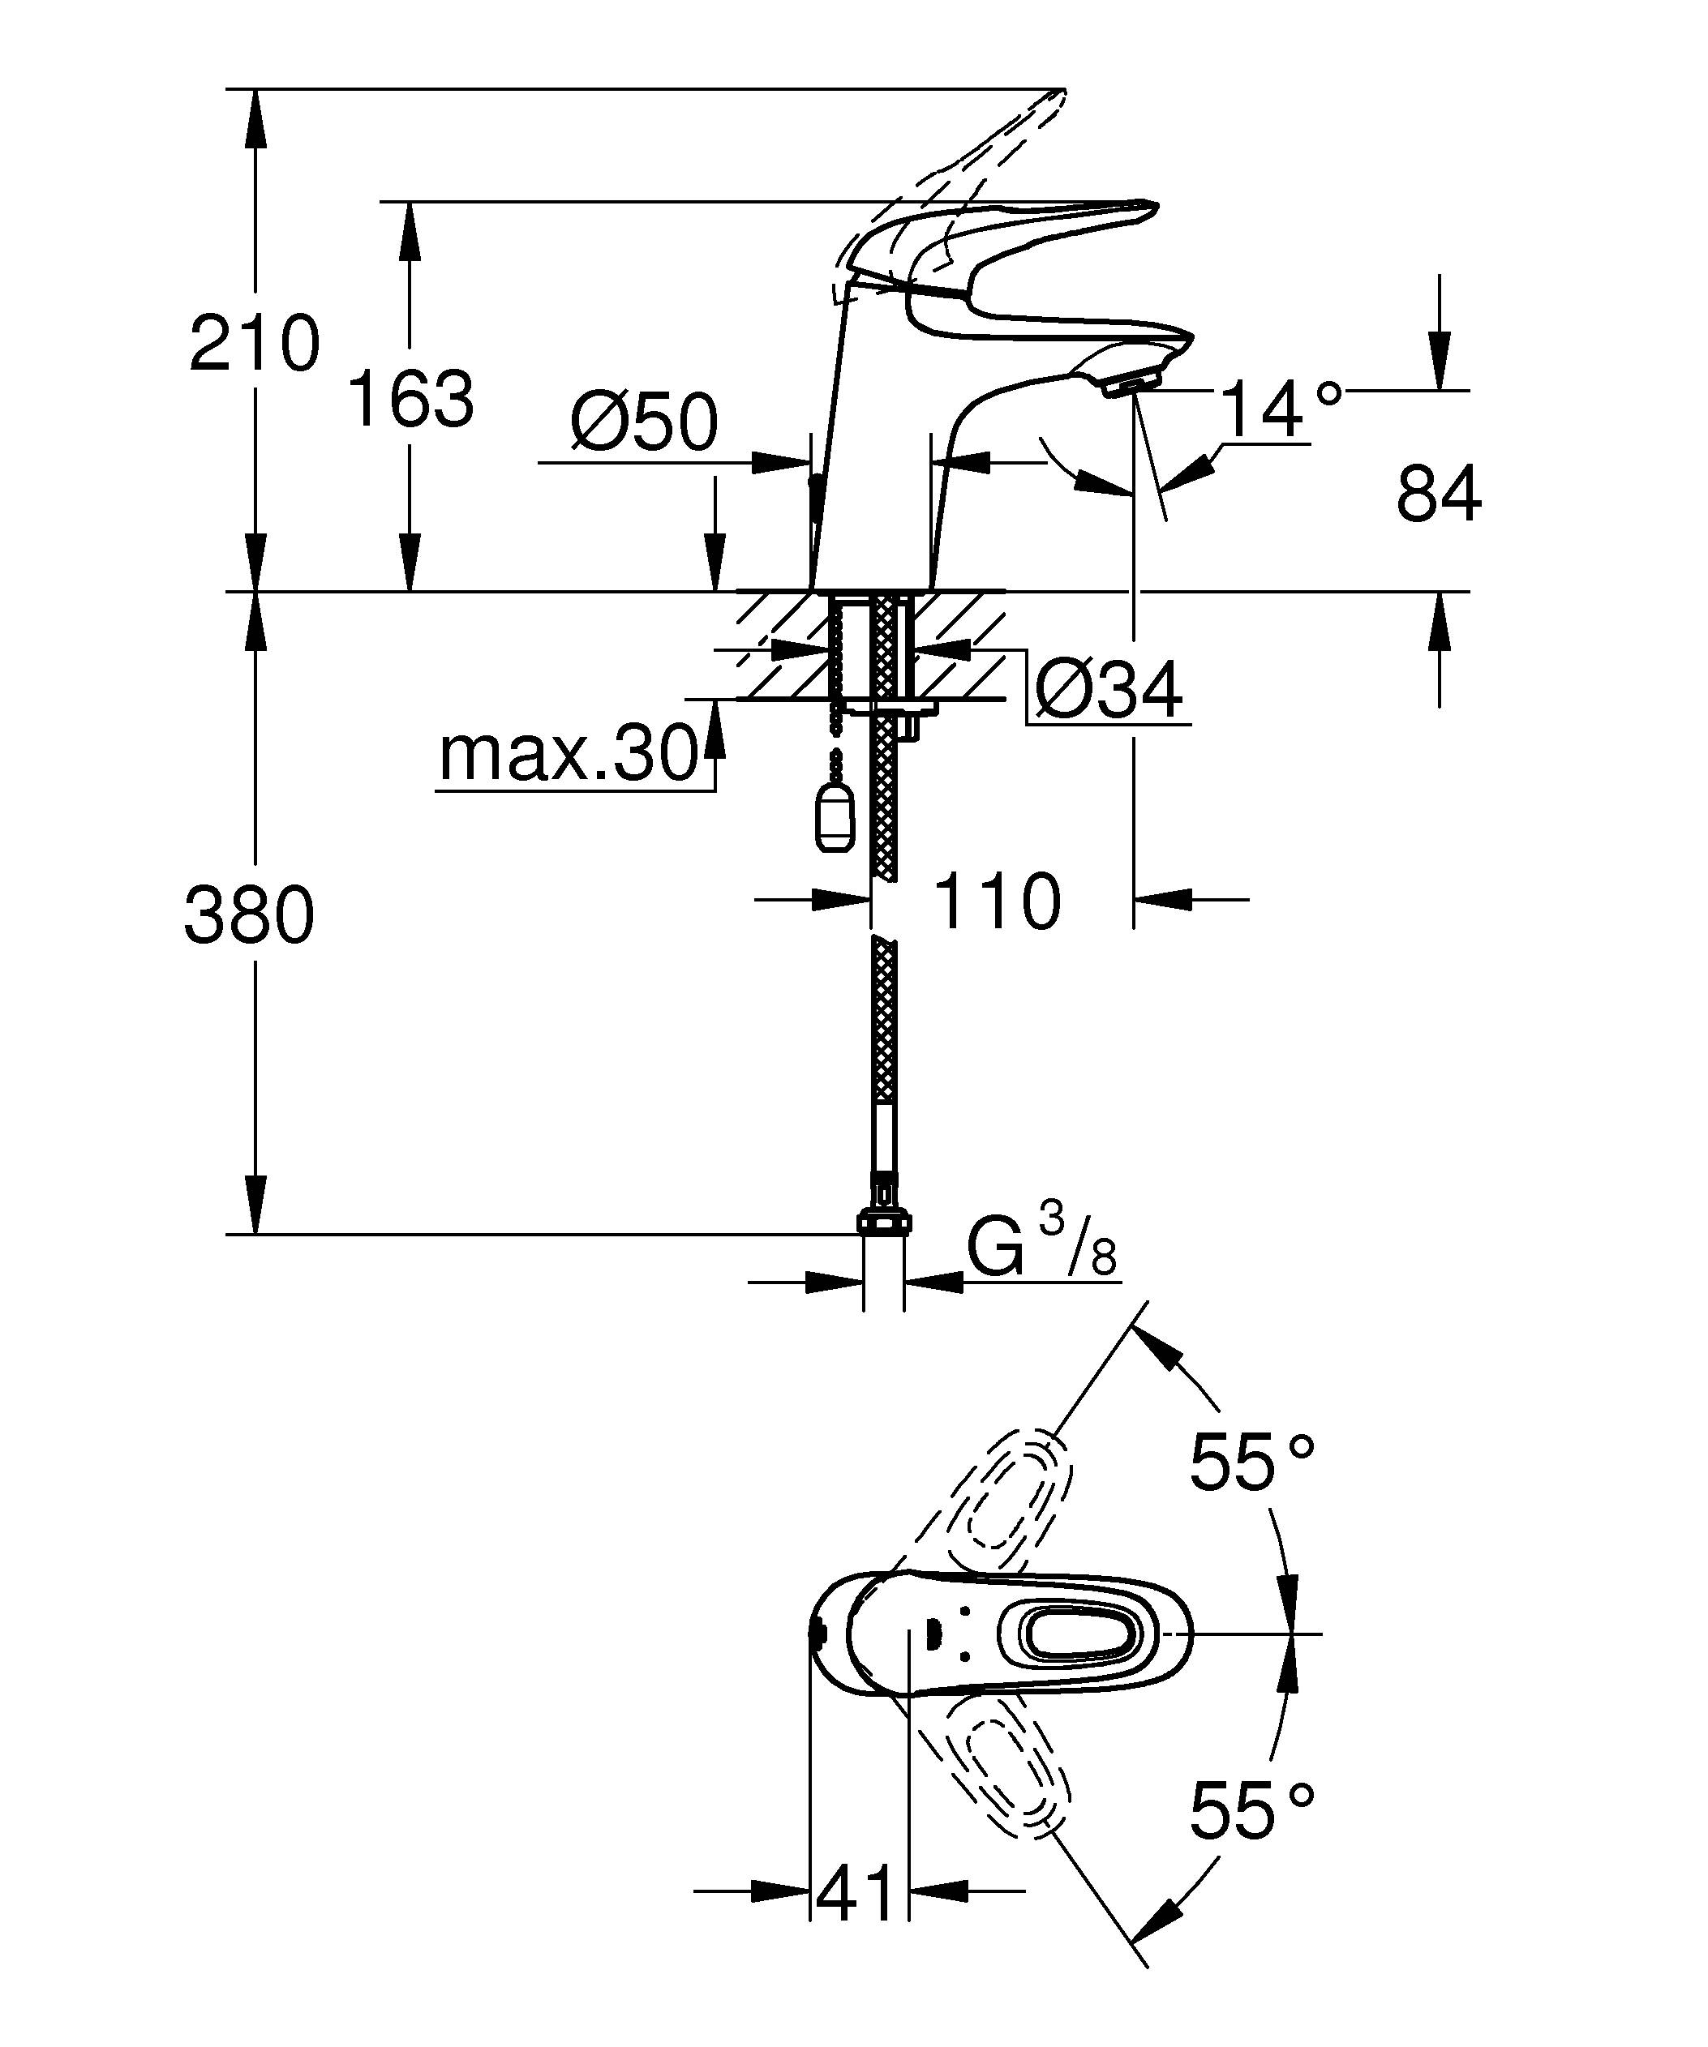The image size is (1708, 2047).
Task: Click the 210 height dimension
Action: (255, 343)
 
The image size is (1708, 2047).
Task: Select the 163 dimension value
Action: (410, 399)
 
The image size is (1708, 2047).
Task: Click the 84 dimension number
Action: (1438, 495)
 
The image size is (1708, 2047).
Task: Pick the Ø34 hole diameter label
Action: (1109, 690)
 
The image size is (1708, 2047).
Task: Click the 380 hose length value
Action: (250, 915)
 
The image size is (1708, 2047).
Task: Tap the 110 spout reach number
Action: (996, 901)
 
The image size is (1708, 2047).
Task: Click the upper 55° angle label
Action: (1251, 1463)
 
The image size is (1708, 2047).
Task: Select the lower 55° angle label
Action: (1251, 1809)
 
